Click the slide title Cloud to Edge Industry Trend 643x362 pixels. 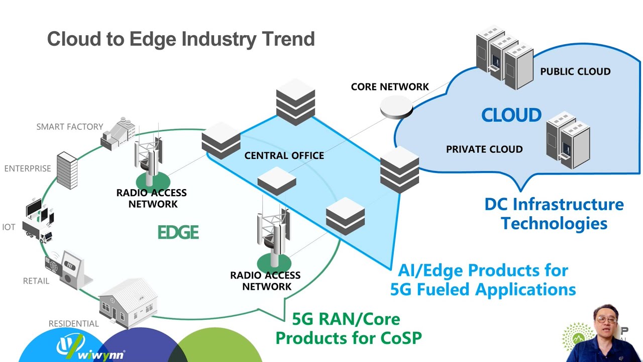tap(181, 39)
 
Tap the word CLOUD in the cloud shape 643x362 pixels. tap(511, 115)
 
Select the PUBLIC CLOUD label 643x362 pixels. tap(575, 71)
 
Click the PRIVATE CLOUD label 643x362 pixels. tap(484, 149)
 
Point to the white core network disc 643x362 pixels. tap(396, 107)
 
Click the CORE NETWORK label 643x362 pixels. tap(390, 87)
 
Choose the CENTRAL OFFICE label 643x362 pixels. tap(284, 156)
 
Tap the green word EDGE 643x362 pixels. tap(178, 232)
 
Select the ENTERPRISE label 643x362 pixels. tap(28, 168)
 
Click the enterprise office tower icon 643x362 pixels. tap(67, 170)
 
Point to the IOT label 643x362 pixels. tap(9, 227)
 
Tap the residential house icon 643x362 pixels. tap(128, 303)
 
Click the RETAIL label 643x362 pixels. tap(36, 281)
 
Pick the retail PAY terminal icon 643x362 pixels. tap(70, 268)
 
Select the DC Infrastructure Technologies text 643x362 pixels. tap(554, 214)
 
